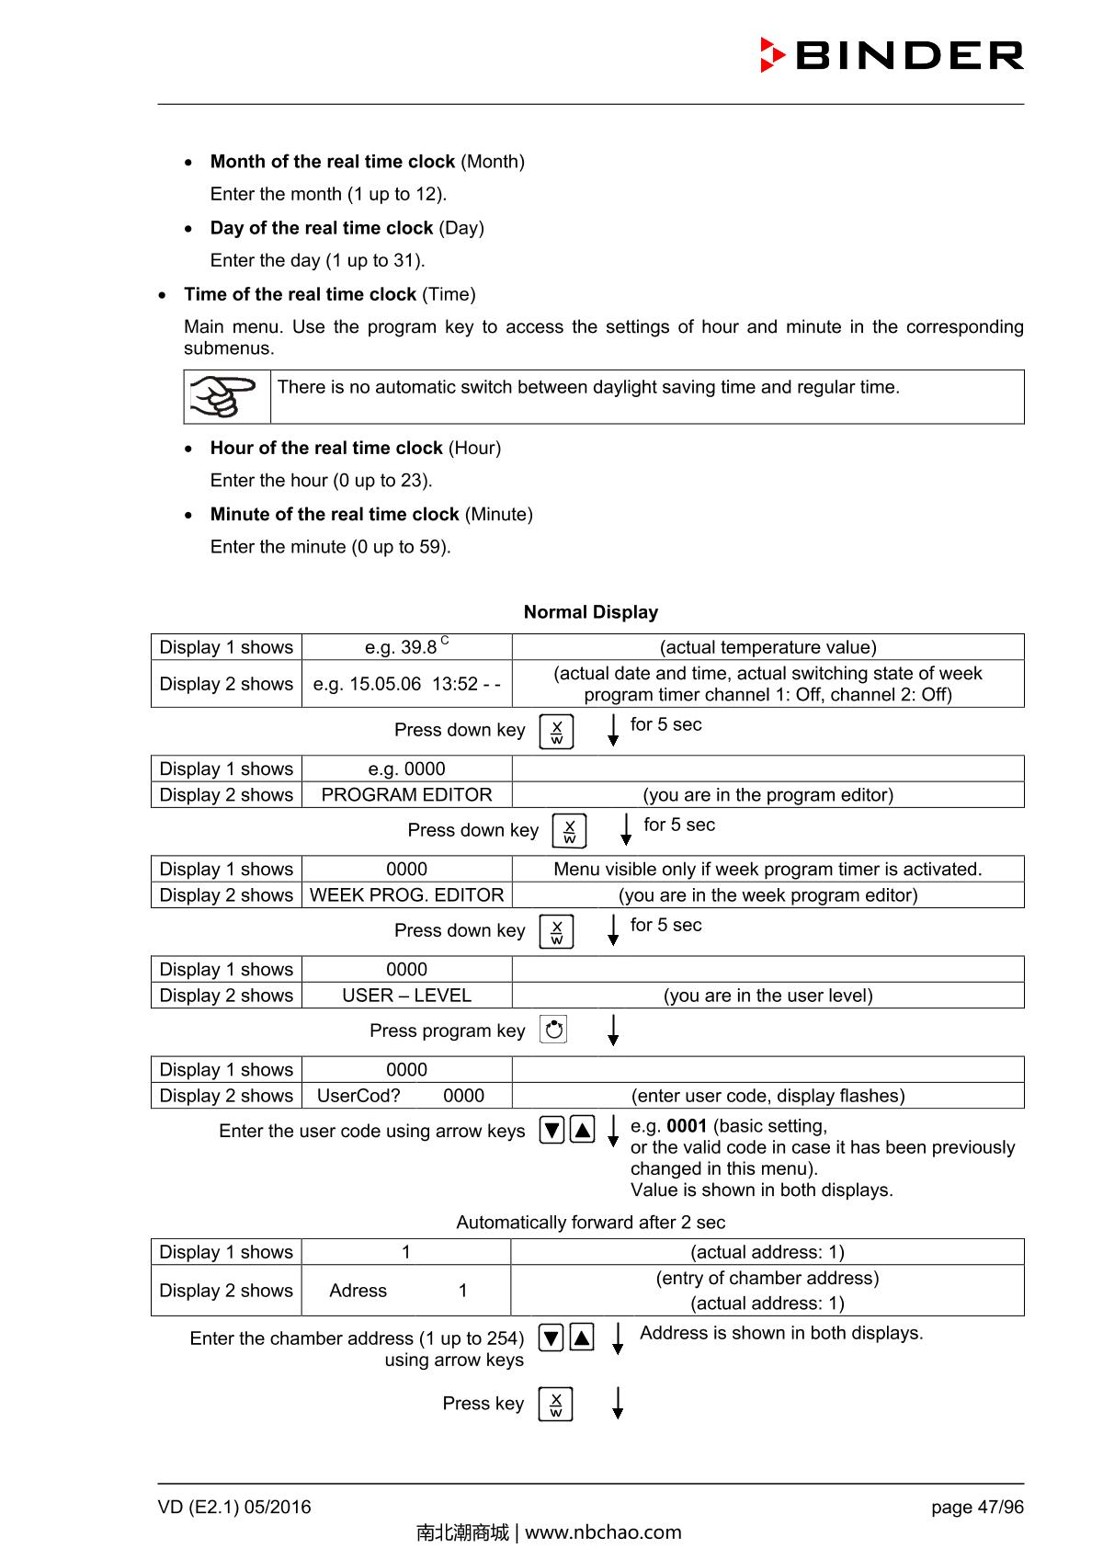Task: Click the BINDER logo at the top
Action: point(892,55)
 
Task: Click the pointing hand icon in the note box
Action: point(222,397)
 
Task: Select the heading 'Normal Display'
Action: point(590,612)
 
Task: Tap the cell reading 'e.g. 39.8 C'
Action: point(406,646)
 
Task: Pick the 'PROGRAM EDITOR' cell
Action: point(406,795)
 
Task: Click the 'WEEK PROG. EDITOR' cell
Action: point(406,895)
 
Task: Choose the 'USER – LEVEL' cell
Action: point(406,996)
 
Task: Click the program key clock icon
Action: point(554,1030)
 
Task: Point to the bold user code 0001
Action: point(686,1126)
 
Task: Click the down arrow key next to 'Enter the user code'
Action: point(551,1130)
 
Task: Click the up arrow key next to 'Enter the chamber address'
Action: point(582,1338)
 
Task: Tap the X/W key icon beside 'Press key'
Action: point(555,1404)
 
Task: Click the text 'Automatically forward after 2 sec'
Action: point(590,1223)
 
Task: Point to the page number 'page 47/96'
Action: point(976,1508)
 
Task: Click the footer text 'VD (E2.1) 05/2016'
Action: point(234,1508)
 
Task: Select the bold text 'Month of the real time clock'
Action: point(332,162)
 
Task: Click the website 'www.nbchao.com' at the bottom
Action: point(603,1532)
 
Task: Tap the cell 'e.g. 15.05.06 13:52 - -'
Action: point(406,684)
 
